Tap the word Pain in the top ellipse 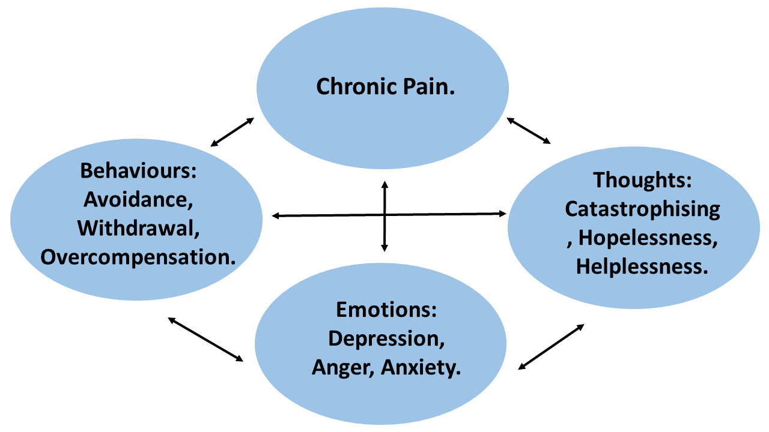click(x=427, y=87)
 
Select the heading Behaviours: click(x=139, y=171)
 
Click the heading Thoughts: click(x=642, y=180)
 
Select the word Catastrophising click(x=642, y=209)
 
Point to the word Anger click(x=343, y=367)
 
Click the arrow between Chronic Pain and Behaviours click(x=233, y=132)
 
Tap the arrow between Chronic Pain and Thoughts click(x=529, y=130)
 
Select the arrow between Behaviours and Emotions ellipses click(x=205, y=339)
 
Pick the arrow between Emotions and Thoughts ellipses click(x=551, y=346)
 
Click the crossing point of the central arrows click(x=384, y=215)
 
